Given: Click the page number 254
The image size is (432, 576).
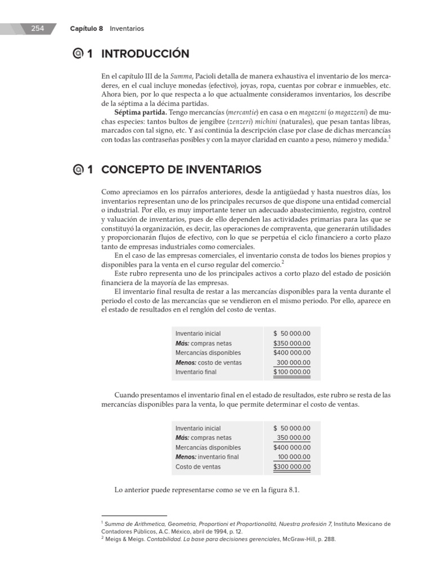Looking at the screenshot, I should coord(38,28).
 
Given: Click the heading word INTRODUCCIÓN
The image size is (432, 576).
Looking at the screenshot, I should coord(145,55).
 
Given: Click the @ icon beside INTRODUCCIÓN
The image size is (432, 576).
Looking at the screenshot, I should coord(78,55).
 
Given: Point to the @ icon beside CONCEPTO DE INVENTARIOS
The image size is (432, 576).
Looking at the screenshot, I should coord(78,169).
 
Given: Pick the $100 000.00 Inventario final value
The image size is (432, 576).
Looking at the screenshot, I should coord(292,372).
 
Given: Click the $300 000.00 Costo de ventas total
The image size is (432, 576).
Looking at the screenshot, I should coord(292,467).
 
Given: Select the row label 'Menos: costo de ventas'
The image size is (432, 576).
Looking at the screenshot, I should coord(208,363).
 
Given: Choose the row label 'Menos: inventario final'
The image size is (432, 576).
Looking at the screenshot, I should coord(207,457).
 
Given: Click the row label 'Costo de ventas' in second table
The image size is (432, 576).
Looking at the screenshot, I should coord(198,467).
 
